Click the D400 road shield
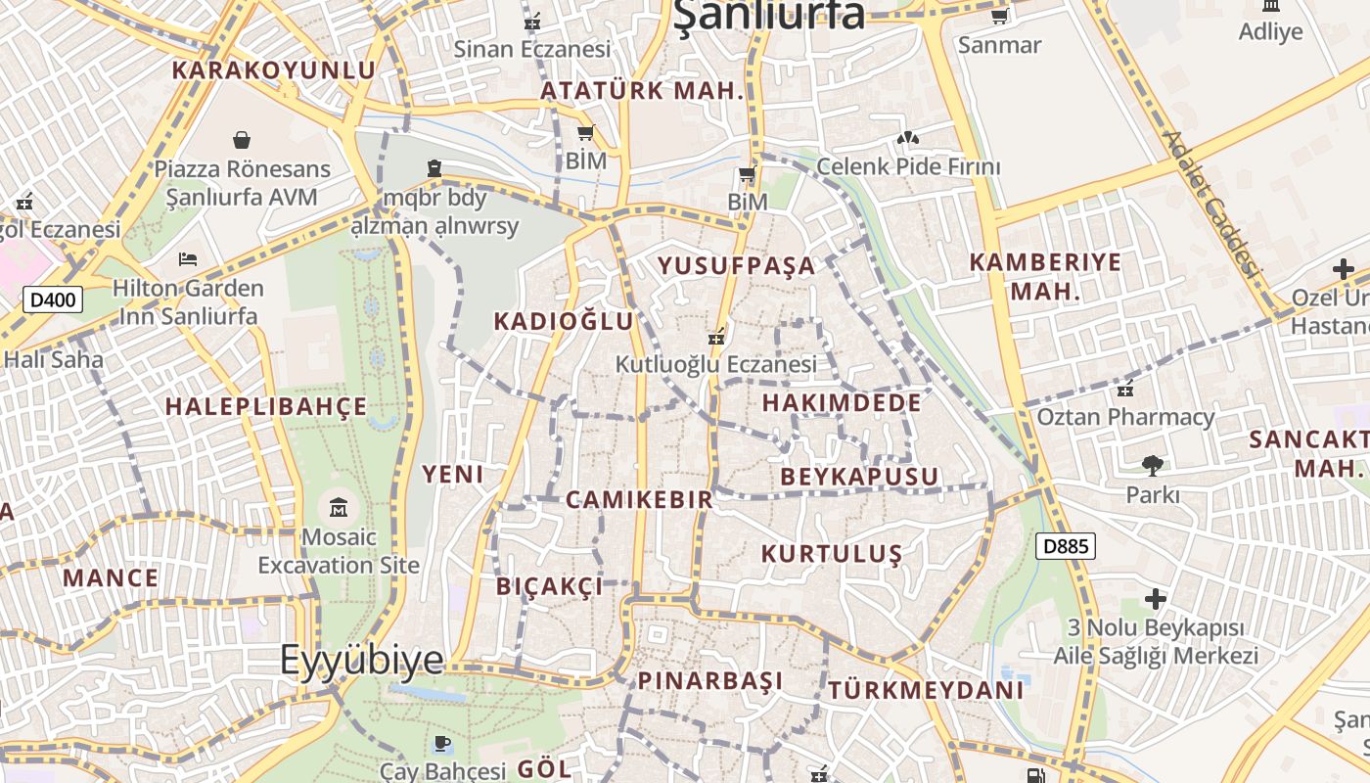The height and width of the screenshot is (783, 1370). coord(53,299)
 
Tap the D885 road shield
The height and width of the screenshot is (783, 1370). coord(1065,546)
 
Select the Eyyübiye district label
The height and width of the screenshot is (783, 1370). coord(361,660)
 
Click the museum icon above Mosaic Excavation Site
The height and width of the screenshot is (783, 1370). coord(339,507)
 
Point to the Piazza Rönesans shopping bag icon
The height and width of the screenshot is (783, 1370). coord(242,141)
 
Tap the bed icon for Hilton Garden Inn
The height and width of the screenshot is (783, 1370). coord(188,259)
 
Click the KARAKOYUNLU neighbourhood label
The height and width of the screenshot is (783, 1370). coord(274,70)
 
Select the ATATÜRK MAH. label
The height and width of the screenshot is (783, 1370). coord(643,91)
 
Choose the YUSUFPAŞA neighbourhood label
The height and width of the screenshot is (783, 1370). coord(736,265)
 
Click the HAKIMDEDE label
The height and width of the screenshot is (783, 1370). coord(842,402)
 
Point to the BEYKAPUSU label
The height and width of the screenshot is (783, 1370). coord(859,477)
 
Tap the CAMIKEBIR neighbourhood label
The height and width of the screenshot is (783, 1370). coord(639,500)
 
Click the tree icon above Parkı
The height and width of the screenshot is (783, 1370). coord(1153,465)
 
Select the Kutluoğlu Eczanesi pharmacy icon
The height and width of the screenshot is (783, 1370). coord(716,337)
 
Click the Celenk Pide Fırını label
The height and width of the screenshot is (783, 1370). coord(908,166)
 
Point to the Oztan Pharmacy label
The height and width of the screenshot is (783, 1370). coord(1125,417)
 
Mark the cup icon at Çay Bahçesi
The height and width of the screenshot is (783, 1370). coord(441,744)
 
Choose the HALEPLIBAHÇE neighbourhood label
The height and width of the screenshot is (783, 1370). coord(266,406)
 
